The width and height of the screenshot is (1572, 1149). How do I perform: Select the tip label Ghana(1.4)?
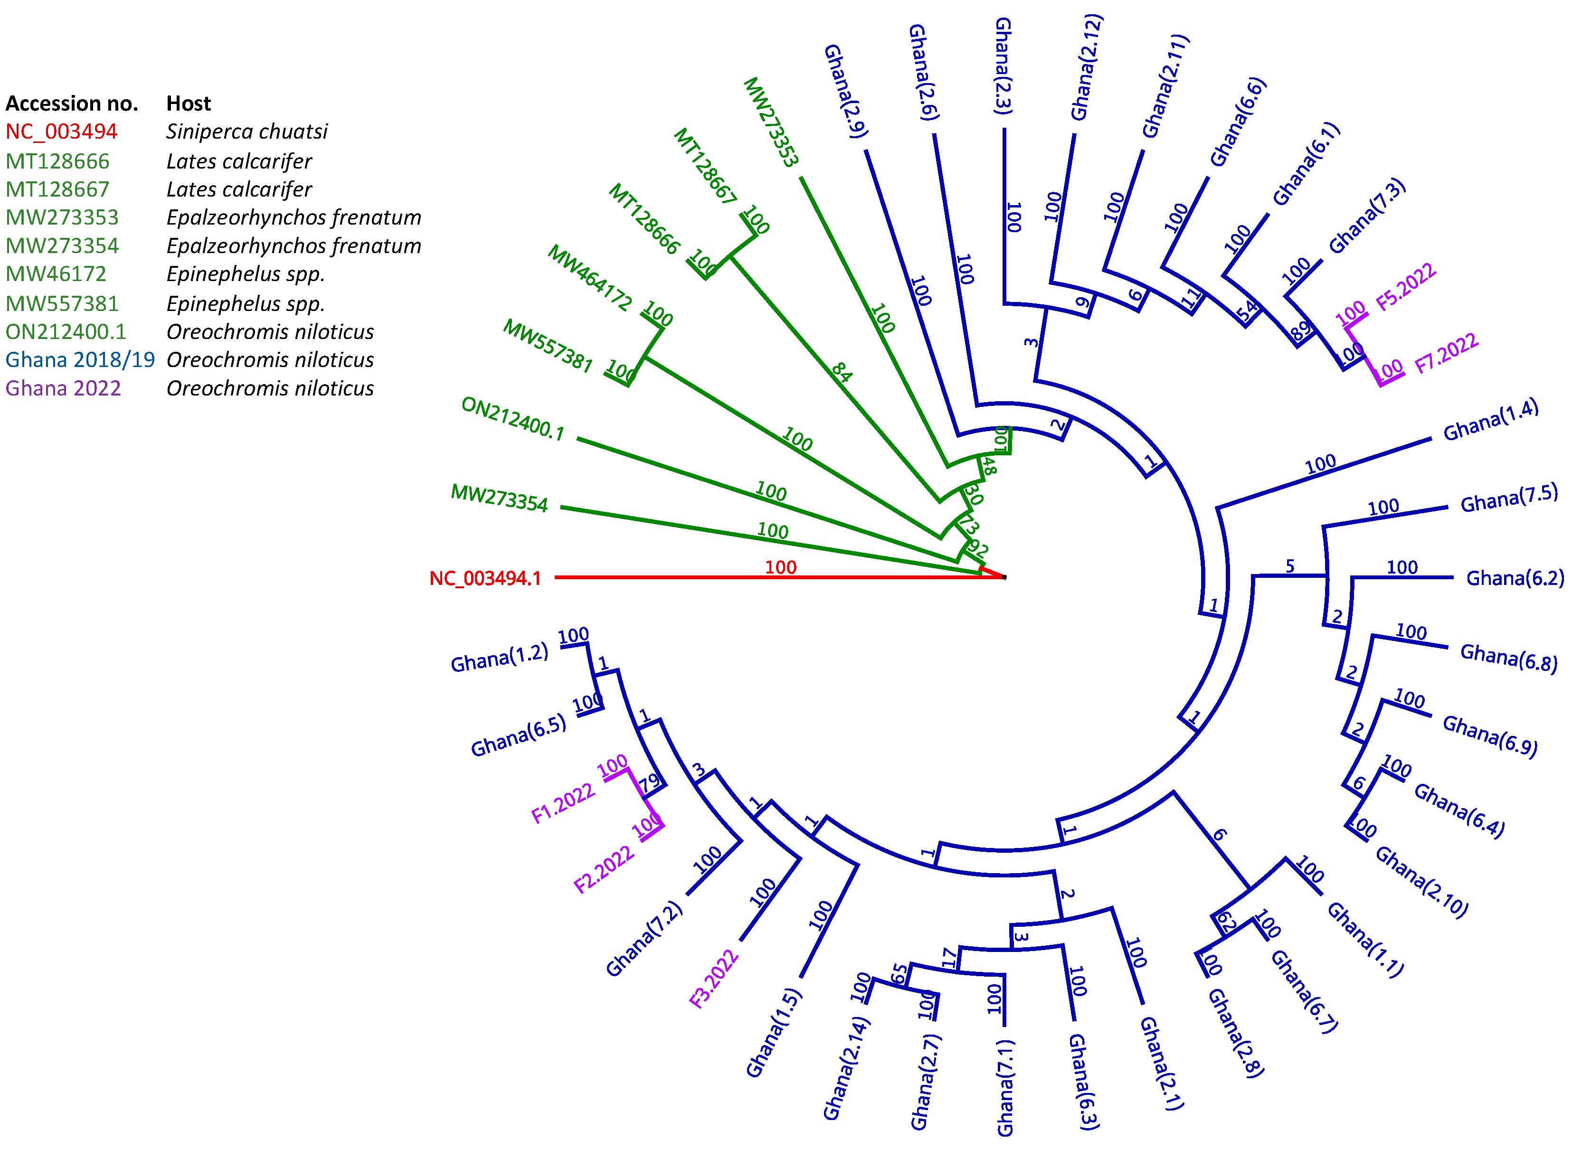tap(1490, 421)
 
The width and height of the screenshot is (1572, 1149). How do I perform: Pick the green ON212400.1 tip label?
tap(512, 419)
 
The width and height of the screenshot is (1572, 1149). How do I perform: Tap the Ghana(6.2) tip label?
tap(1514, 578)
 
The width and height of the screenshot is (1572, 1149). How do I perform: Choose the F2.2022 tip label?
tap(604, 869)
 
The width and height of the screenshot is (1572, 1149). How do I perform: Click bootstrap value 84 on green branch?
tap(842, 372)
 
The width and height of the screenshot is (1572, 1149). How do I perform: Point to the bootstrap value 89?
tap(1300, 332)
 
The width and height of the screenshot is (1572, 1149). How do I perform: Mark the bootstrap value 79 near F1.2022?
tap(649, 784)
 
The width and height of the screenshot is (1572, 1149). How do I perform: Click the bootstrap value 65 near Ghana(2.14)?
tap(899, 974)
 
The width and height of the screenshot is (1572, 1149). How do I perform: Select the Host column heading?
tap(189, 104)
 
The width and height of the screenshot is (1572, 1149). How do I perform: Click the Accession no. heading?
tap(72, 104)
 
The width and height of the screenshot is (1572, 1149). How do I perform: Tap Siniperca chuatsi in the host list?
tap(246, 132)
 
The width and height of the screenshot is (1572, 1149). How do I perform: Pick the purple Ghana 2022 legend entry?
tap(63, 388)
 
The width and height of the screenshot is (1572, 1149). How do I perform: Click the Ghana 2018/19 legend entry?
tap(80, 359)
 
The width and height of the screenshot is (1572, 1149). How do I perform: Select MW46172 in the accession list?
tap(56, 274)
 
